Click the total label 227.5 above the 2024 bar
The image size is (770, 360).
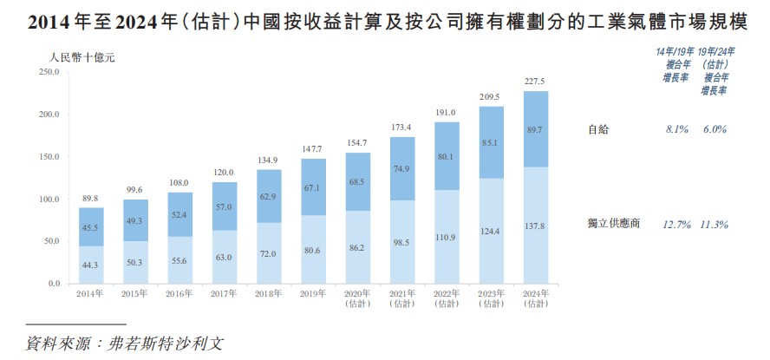point(535,82)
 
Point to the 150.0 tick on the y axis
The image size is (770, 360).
point(48,157)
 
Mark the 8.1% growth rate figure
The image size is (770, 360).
point(676,129)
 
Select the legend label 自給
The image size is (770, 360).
point(598,129)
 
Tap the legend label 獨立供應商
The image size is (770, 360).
point(613,225)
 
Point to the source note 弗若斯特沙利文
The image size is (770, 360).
point(165,342)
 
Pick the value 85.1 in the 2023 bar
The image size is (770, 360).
point(491,143)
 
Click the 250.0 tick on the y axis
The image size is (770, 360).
point(48,72)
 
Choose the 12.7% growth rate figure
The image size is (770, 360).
point(676,225)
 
